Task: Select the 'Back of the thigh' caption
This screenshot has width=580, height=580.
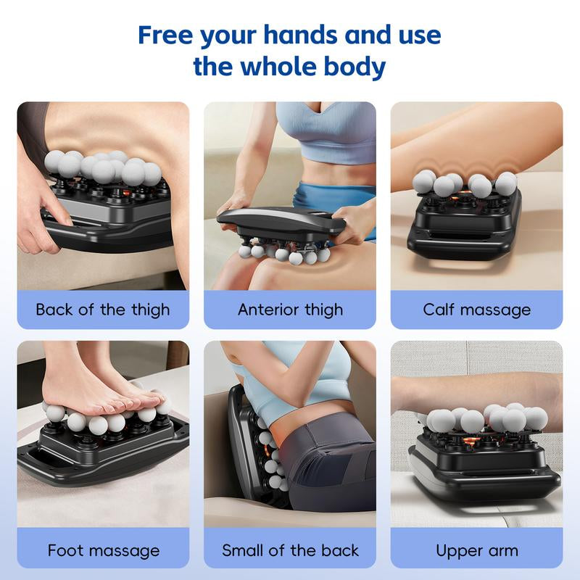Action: point(103,310)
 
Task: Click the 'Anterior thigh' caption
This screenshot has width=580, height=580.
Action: point(290,310)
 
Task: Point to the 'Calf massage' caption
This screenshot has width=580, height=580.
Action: point(477,310)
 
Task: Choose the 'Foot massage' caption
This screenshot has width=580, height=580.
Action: point(103,550)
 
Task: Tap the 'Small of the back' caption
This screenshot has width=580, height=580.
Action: point(290,550)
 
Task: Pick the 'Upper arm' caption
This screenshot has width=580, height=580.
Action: point(477,550)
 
